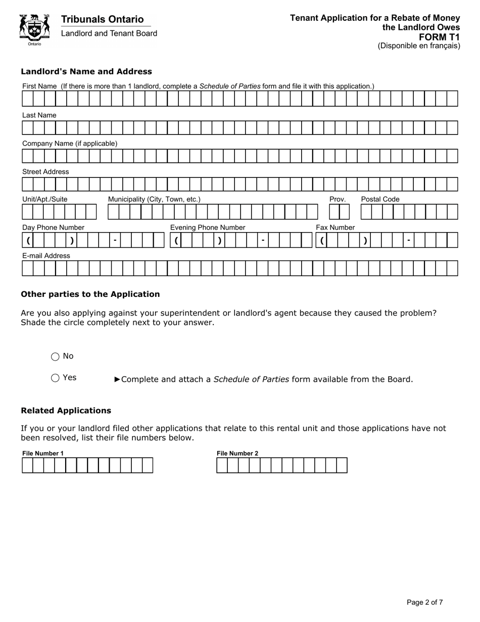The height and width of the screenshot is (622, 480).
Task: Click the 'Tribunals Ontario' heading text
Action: [x=102, y=19]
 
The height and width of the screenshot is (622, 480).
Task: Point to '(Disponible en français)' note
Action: [x=419, y=46]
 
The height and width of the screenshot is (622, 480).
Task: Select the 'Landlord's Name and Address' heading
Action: [x=86, y=71]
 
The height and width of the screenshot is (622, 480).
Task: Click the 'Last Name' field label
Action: [x=39, y=115]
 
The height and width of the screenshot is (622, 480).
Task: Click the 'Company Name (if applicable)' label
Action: [x=70, y=144]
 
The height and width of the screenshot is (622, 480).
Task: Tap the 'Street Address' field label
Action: [x=45, y=172]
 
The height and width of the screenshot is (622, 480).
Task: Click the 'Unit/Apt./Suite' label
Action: [x=44, y=199]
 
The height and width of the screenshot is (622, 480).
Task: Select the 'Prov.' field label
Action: [x=338, y=199]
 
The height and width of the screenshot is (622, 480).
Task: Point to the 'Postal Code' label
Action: [x=380, y=199]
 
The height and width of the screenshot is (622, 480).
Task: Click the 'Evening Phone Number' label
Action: [x=208, y=228]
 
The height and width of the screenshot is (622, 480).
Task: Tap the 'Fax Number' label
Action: [x=335, y=228]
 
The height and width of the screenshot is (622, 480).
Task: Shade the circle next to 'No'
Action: [x=56, y=357]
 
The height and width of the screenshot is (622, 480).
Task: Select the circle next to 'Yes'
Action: [x=56, y=378]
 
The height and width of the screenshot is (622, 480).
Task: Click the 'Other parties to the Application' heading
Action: [x=90, y=294]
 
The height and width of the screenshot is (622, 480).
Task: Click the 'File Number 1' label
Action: [x=43, y=453]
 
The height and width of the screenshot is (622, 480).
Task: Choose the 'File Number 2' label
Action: [x=237, y=453]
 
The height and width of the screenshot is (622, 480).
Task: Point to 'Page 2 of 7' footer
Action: [x=425, y=602]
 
